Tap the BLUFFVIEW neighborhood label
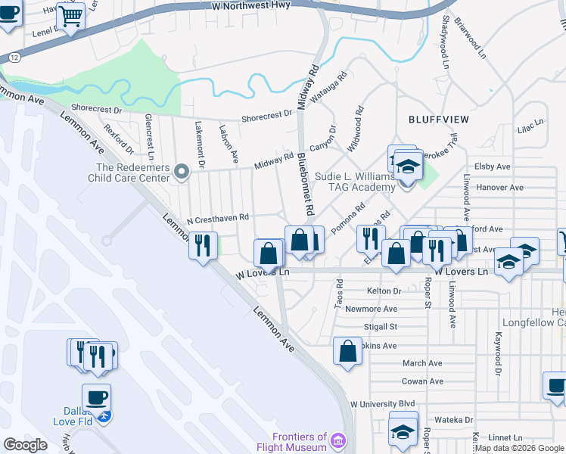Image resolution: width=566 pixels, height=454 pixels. click(x=439, y=120)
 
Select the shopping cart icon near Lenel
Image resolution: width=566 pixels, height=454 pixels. click(x=70, y=15)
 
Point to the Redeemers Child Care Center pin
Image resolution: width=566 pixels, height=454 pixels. click(x=181, y=173)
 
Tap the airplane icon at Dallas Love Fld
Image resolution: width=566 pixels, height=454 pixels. click(x=106, y=416)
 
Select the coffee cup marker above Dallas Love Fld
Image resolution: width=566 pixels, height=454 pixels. click(x=96, y=396)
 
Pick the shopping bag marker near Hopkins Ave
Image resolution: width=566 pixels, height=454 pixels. click(x=347, y=351)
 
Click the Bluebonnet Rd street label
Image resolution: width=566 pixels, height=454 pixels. click(x=305, y=180)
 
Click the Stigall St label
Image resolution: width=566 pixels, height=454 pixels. click(x=381, y=327)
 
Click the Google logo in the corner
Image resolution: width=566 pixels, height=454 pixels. click(x=25, y=445)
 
